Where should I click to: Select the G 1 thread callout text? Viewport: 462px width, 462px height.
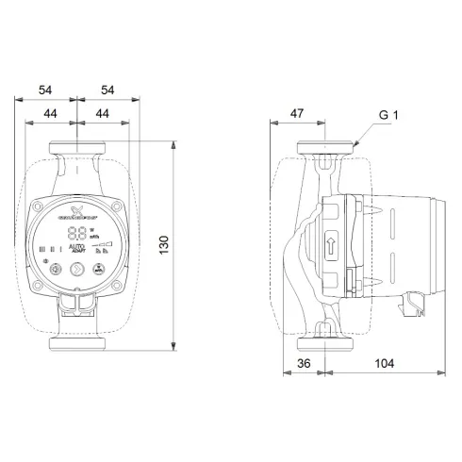pos(389,116)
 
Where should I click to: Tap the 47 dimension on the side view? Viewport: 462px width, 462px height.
pos(296,113)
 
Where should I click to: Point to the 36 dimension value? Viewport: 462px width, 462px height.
pos(304,362)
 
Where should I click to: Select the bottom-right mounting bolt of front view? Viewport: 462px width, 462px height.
pos(117,284)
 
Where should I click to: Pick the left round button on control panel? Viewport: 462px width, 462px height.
pos(56,270)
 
